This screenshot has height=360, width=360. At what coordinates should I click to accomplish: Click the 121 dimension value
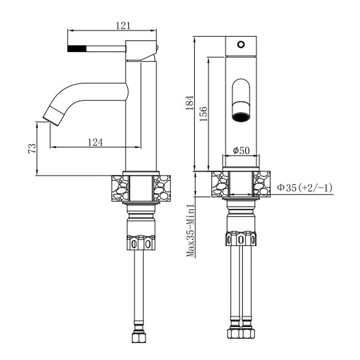(x=123, y=26)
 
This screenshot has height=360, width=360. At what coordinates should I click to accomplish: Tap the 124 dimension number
(x=95, y=142)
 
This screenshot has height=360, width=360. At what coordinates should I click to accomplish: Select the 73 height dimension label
(x=32, y=149)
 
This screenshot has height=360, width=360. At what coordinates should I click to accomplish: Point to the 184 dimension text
(x=190, y=103)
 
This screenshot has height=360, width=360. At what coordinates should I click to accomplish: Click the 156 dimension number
(x=203, y=114)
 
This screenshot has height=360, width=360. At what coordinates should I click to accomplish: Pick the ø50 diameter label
(x=241, y=150)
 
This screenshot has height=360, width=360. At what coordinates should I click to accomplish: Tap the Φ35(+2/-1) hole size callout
(x=305, y=188)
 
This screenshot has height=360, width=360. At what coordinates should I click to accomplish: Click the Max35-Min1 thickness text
(x=190, y=230)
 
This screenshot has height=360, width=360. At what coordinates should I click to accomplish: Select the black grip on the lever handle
(x=77, y=49)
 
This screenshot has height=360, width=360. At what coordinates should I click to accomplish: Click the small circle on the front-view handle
(x=241, y=44)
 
